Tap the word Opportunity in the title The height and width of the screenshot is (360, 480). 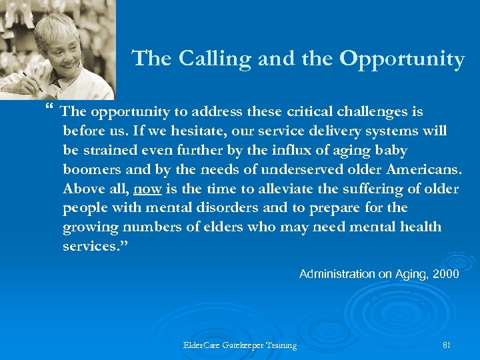402,59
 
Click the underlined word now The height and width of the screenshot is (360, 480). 147,189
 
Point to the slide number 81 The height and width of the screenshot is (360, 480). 447,345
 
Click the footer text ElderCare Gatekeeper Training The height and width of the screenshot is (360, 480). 240,345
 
